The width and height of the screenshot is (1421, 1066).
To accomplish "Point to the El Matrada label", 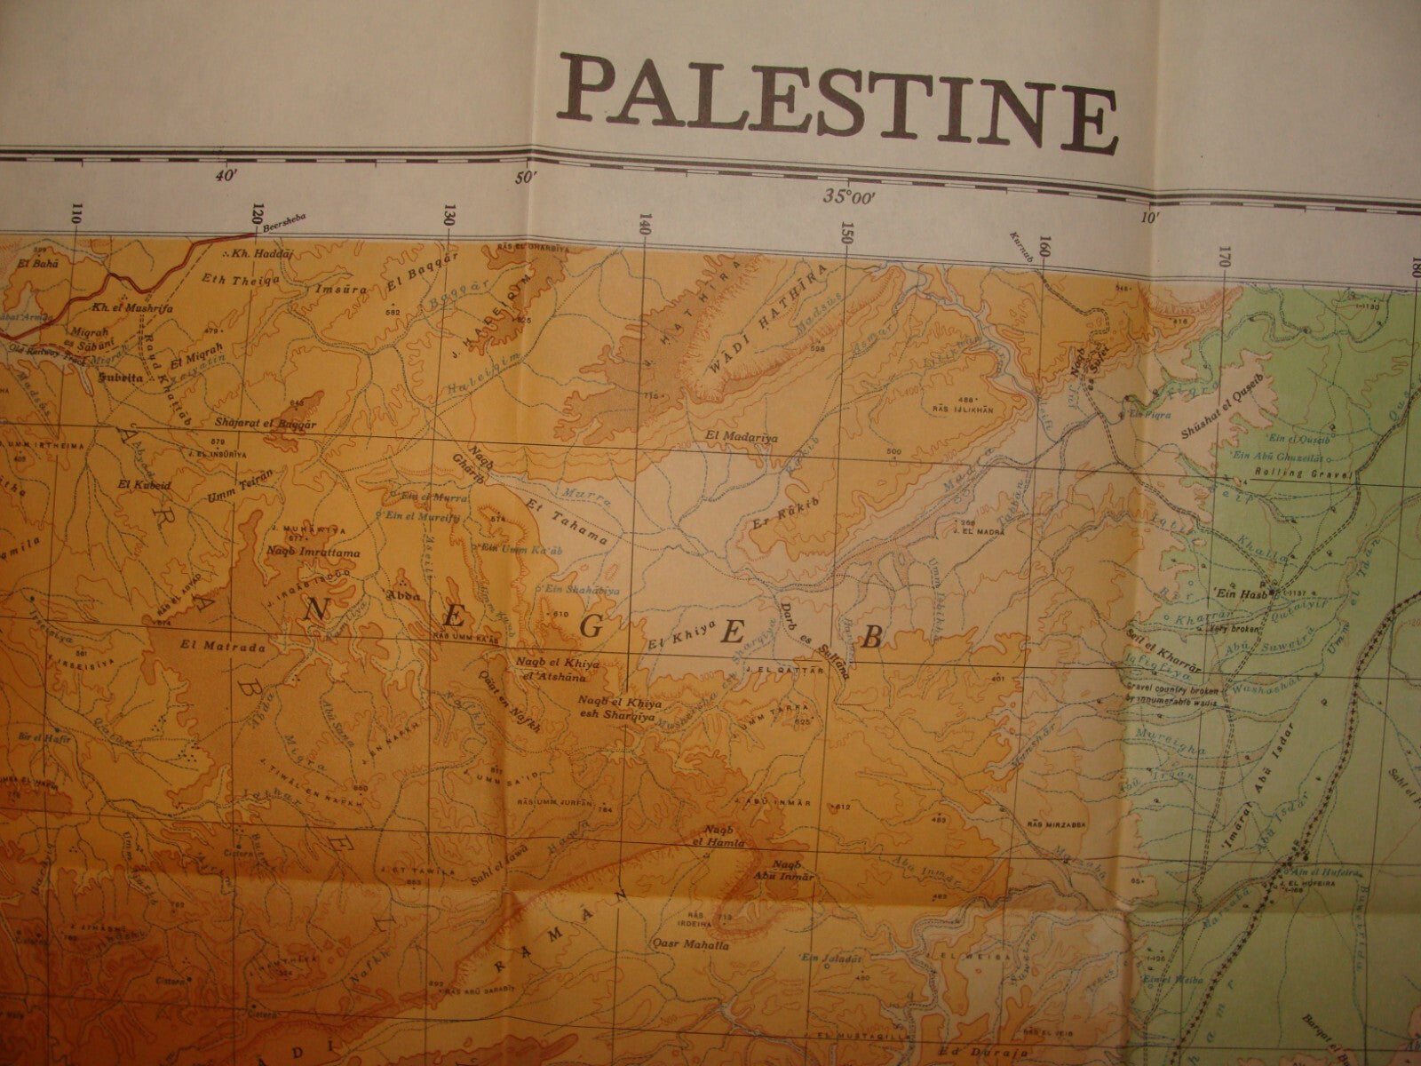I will pyautogui.click(x=210, y=646).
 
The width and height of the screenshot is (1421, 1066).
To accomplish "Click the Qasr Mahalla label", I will pyautogui.click(x=691, y=947).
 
